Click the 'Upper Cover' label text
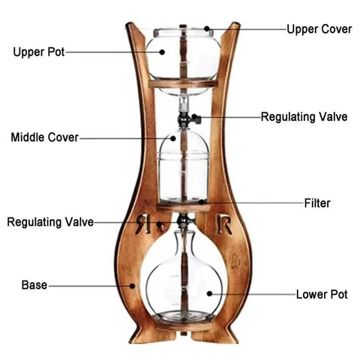(x=319, y=29)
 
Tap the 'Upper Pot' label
(x=39, y=52)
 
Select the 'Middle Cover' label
(x=45, y=137)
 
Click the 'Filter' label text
(x=317, y=203)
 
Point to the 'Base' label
(x=34, y=285)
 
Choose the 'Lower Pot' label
(x=322, y=295)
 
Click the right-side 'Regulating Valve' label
(x=304, y=117)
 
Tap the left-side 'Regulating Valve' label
(x=50, y=222)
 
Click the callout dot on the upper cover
(x=207, y=28)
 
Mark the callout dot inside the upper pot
(x=162, y=52)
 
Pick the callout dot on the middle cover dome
(x=173, y=138)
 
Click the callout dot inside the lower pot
(x=209, y=293)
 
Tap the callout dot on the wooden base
(x=133, y=286)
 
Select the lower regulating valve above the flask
(x=185, y=221)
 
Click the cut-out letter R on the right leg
(x=224, y=223)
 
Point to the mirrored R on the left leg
(x=143, y=223)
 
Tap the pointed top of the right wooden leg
(x=235, y=25)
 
